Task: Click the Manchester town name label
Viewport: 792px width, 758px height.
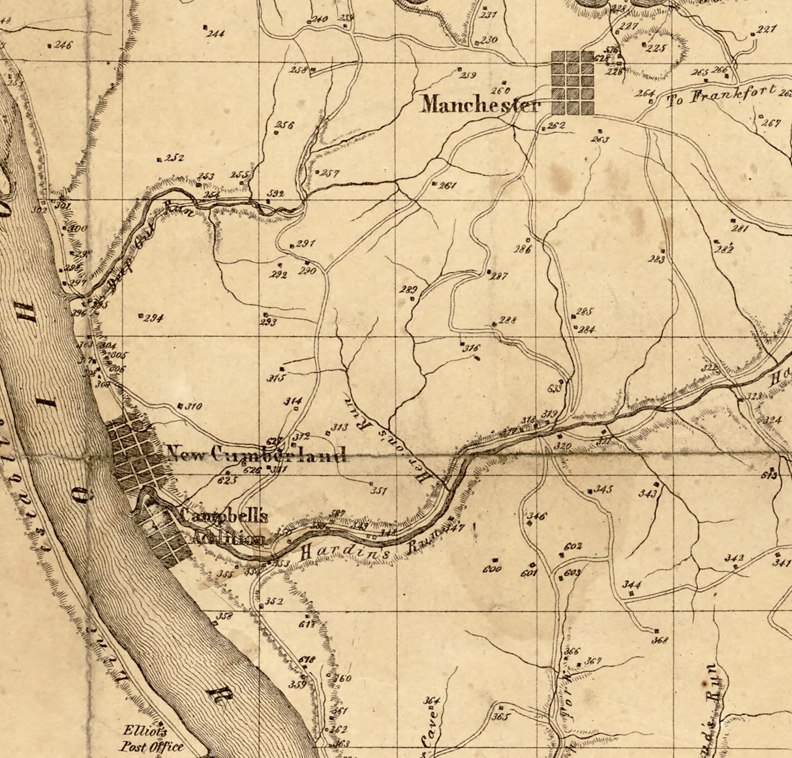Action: pos(480,104)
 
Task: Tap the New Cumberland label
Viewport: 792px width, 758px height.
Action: pos(256,454)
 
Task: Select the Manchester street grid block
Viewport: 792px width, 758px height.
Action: pos(572,83)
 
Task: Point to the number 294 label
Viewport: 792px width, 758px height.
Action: pos(153,318)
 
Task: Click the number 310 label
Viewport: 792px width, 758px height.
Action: pos(192,406)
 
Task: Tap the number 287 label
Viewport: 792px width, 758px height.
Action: pos(499,276)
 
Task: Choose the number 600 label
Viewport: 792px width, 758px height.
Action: pos(492,569)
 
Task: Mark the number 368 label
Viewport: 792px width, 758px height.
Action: pos(660,640)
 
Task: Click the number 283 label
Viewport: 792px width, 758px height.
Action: pos(656,260)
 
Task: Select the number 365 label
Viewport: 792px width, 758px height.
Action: pos(500,717)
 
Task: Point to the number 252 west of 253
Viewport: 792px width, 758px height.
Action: pos(174,158)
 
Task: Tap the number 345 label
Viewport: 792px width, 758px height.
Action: pos(603,489)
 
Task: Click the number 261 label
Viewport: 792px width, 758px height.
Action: pos(448,185)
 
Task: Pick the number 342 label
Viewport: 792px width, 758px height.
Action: pos(734,558)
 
